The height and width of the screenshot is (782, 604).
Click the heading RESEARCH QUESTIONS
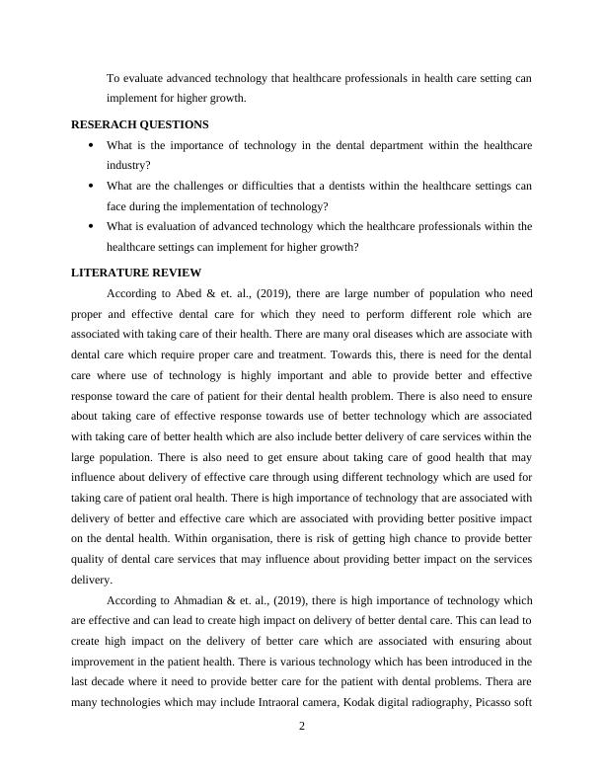click(x=139, y=124)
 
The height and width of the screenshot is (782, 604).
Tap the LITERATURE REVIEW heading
click(x=136, y=272)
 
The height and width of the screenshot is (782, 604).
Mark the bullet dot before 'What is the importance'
click(x=91, y=145)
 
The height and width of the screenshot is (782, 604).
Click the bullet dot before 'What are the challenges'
click(x=91, y=186)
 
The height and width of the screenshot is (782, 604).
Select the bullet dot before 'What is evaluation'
click(x=91, y=227)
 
